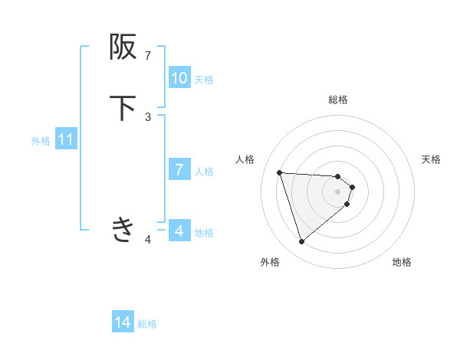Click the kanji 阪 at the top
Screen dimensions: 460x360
(123, 47)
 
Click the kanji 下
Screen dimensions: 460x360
(123, 108)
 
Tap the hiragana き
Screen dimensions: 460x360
(123, 229)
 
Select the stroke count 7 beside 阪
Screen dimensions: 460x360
(148, 56)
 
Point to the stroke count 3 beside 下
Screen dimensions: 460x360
(148, 116)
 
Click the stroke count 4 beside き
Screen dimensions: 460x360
(148, 240)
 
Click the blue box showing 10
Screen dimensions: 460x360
(179, 78)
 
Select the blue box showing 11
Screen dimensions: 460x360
(66, 140)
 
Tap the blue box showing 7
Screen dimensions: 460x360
(179, 170)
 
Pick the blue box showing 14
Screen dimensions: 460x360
(123, 323)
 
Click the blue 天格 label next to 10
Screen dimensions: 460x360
(204, 79)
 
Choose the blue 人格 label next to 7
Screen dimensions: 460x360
(204, 171)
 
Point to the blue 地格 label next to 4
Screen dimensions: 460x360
(204, 232)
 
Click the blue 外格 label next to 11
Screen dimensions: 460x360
(41, 141)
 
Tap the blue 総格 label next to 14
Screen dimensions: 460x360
(147, 324)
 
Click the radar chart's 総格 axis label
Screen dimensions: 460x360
(338, 100)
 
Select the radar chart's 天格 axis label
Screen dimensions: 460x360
(431, 159)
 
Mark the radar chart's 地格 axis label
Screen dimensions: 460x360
(402, 262)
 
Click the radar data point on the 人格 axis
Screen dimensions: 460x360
(280, 172)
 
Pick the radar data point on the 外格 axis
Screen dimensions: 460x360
(301, 242)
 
